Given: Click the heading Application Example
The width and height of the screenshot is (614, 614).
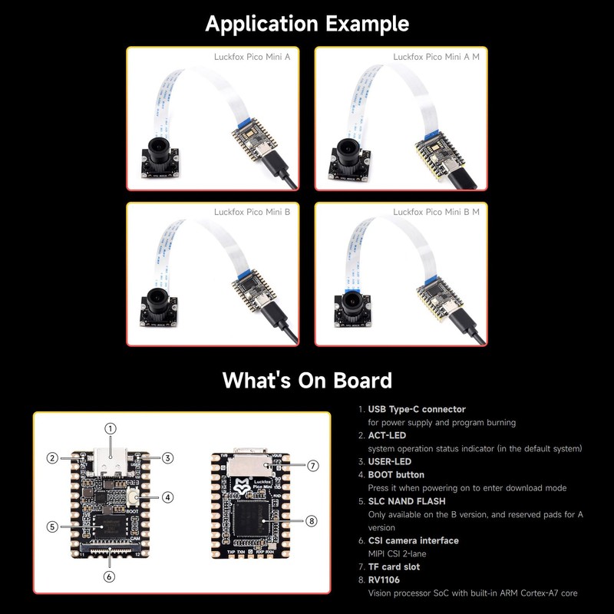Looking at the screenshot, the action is point(307,24).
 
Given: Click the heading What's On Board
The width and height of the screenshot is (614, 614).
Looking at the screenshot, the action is point(307,380).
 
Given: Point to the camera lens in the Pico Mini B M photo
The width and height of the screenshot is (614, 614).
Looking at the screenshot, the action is point(352,302).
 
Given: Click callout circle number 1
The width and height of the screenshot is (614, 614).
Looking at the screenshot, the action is point(111,428).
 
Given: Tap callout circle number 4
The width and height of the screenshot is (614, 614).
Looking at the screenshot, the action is point(168,497).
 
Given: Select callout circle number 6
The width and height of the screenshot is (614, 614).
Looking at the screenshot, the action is point(110,576).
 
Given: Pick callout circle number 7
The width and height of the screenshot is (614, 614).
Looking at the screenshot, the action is point(312,465).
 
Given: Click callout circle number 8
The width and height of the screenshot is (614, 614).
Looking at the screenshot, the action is point(311,520).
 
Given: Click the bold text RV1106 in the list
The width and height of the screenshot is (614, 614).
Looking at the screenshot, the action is point(384,579).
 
